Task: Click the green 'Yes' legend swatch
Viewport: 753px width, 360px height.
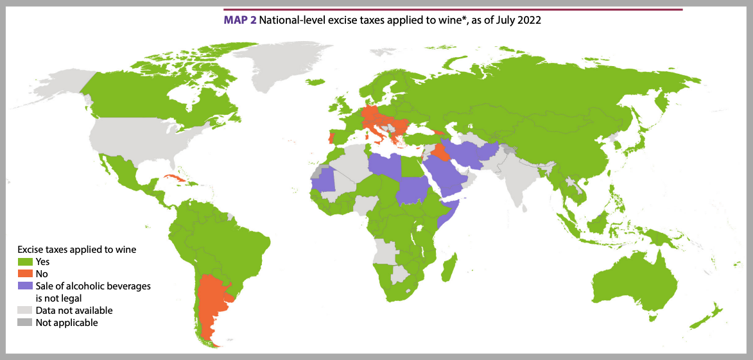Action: tap(25, 262)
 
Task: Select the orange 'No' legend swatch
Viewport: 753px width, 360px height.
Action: tap(25, 274)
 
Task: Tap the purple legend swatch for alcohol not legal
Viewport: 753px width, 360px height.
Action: tap(25, 286)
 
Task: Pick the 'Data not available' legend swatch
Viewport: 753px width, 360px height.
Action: tap(25, 311)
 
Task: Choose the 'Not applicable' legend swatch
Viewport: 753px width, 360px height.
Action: tap(25, 323)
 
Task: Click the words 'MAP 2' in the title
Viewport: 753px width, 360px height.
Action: tap(239, 20)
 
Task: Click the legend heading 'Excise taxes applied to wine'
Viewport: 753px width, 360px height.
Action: tap(77, 249)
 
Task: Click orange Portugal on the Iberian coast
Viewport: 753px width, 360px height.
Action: tap(331, 137)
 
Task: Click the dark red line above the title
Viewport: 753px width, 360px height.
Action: tap(453, 10)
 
